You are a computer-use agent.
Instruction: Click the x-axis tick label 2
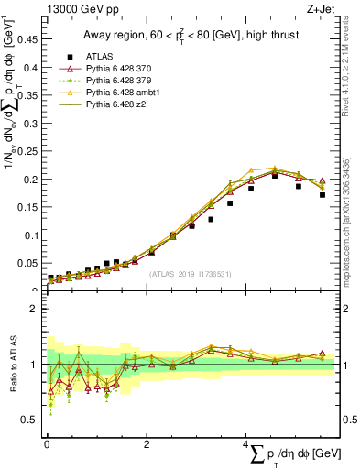pos(147,443)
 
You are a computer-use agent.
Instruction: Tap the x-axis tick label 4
pos(245,443)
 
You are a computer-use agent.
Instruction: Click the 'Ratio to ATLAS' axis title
pos(12,364)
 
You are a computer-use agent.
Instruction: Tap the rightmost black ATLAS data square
pos(322,194)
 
